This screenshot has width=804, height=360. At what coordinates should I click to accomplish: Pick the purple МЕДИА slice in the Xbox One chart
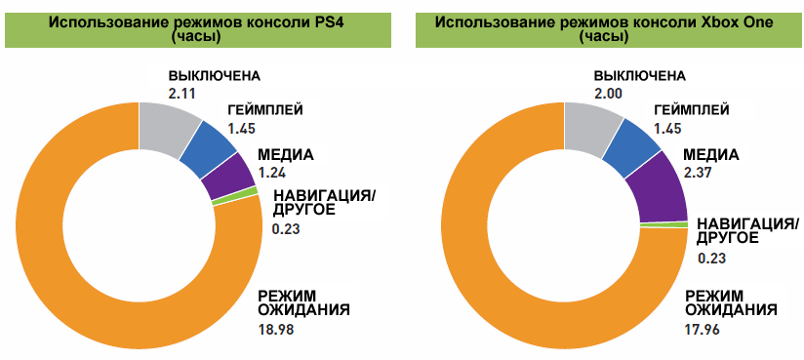point(663,188)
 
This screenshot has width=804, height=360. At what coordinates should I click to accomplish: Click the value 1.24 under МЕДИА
point(273,173)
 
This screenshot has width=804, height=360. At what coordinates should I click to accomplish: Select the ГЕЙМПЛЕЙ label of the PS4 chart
point(265,110)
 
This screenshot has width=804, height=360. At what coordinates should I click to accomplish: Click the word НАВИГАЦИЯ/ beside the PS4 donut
point(324,194)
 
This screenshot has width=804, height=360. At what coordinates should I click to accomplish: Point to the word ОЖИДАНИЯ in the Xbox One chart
point(733,309)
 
